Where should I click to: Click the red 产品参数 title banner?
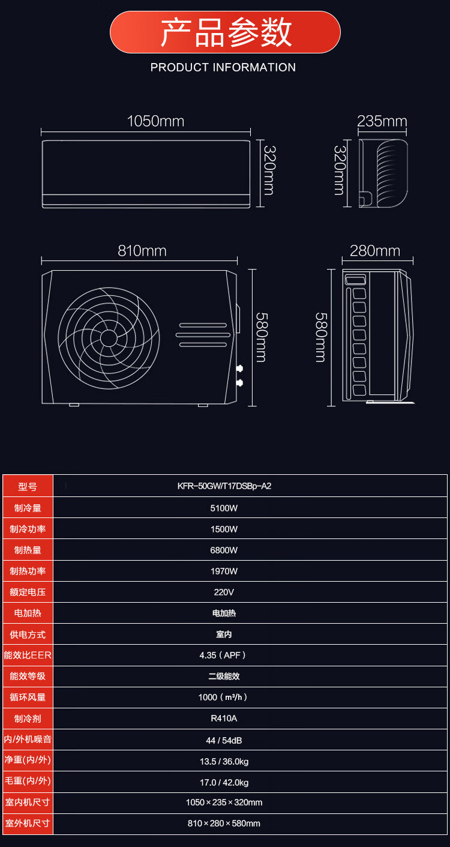tap(225, 32)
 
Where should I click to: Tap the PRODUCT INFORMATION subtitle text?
tap(223, 67)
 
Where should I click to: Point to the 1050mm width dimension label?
tap(155, 121)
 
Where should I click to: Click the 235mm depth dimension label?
tap(382, 121)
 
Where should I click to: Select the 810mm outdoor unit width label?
tap(142, 251)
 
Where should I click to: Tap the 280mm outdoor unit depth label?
tap(375, 251)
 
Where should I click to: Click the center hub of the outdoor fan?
tap(109, 338)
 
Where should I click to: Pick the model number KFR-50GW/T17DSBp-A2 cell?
tap(224, 486)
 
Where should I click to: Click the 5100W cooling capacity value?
tap(224, 508)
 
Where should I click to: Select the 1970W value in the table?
tap(224, 571)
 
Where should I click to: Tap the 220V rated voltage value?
tap(224, 592)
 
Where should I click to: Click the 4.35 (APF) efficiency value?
tap(223, 656)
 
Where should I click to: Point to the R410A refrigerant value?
tap(224, 719)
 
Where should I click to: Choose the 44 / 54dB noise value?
tap(224, 740)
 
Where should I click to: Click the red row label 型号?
tap(28, 487)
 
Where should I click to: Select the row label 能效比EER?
tap(28, 656)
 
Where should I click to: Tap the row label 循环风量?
tap(28, 698)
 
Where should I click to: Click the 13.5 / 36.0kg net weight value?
tap(224, 762)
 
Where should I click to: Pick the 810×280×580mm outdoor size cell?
tap(224, 823)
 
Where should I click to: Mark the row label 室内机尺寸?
tap(28, 802)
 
